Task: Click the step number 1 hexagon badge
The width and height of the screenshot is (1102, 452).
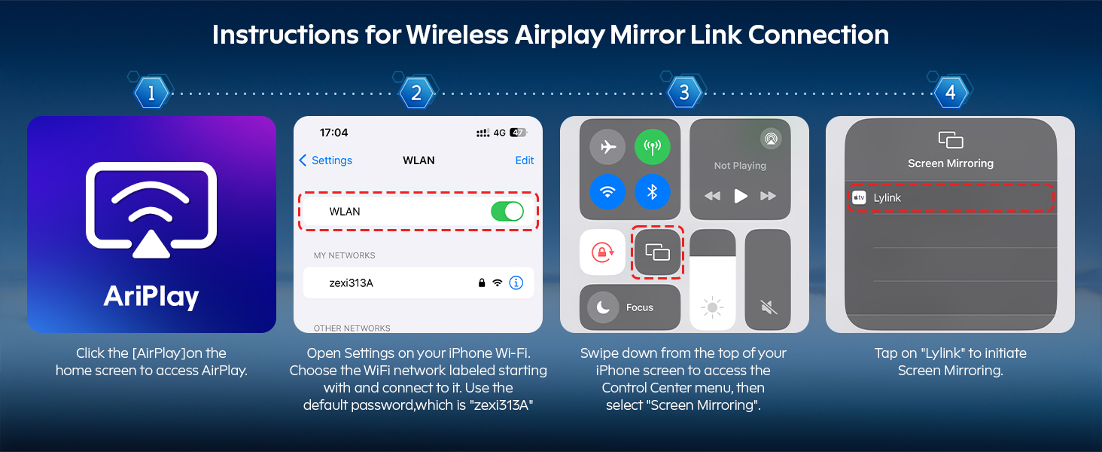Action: pyautogui.click(x=151, y=93)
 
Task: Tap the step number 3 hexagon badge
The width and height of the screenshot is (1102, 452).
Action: pyautogui.click(x=684, y=93)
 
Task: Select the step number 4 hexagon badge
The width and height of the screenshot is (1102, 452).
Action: pyautogui.click(x=951, y=93)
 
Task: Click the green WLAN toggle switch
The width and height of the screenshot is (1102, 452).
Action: pyautogui.click(x=507, y=211)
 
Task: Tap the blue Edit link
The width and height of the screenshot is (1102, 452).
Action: pyautogui.click(x=525, y=160)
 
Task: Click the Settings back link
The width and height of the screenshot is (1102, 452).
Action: pyautogui.click(x=326, y=160)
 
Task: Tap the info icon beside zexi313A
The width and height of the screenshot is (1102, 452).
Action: pyautogui.click(x=516, y=282)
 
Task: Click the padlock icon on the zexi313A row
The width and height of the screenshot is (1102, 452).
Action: pyautogui.click(x=482, y=282)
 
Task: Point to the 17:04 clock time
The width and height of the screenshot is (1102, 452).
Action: pyautogui.click(x=333, y=133)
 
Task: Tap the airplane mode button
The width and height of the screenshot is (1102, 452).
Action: pyautogui.click(x=607, y=147)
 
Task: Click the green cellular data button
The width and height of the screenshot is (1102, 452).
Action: pyautogui.click(x=653, y=147)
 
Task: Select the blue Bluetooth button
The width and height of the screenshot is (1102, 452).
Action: pyautogui.click(x=653, y=192)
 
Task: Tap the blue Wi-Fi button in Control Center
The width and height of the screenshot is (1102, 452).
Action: pyautogui.click(x=607, y=192)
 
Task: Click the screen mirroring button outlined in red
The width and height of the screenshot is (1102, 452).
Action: pyautogui.click(x=658, y=252)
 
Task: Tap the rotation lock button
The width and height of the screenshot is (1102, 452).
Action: pyautogui.click(x=603, y=252)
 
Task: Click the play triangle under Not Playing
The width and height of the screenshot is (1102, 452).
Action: pyautogui.click(x=741, y=196)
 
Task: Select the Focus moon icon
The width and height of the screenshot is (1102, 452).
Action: pyautogui.click(x=603, y=307)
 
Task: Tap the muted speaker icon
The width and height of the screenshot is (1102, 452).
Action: pyautogui.click(x=769, y=307)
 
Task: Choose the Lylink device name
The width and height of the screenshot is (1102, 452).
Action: pyautogui.click(x=887, y=198)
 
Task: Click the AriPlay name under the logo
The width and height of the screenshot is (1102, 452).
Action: pyautogui.click(x=151, y=297)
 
